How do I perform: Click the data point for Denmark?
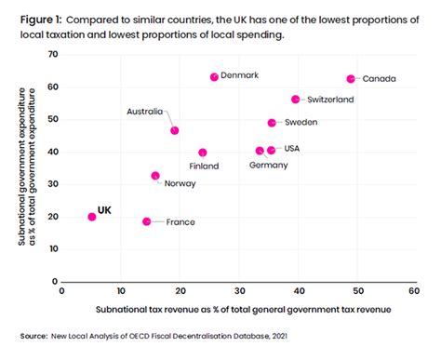[x=214, y=77]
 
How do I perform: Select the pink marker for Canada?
[x=351, y=79]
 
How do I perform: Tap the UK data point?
[x=91, y=217]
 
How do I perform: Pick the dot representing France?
[x=147, y=221]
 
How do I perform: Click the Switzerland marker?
[x=296, y=100]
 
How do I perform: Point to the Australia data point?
[x=175, y=131]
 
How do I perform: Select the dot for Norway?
[x=155, y=176]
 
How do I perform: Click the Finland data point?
[x=203, y=153]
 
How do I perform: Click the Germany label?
[x=269, y=165]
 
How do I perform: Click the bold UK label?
[x=104, y=212]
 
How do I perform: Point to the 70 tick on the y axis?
[x=52, y=55]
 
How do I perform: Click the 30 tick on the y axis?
[x=52, y=184]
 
